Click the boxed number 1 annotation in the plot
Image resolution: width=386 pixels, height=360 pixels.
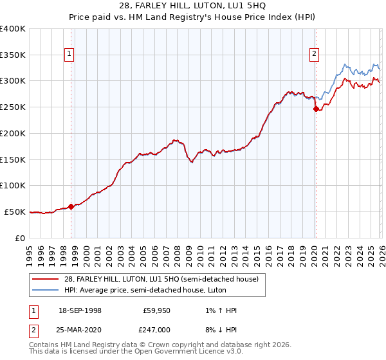(69, 55)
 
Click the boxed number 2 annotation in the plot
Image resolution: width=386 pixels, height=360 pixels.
(315, 55)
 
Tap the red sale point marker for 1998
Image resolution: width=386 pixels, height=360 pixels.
(71, 206)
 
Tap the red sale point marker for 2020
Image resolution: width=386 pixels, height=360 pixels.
(316, 109)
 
